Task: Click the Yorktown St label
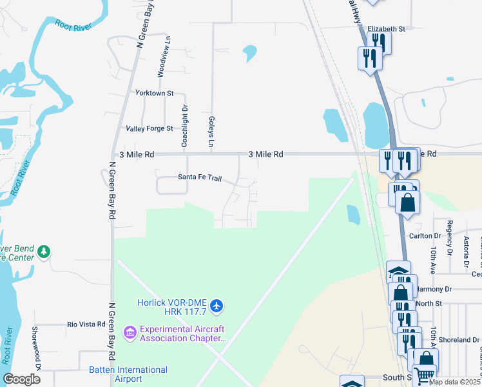(155, 93)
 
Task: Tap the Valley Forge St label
(149, 128)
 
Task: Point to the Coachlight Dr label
(184, 126)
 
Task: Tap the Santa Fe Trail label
(200, 177)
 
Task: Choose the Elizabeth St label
(386, 29)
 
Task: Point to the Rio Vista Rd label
(86, 324)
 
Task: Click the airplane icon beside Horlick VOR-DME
(217, 304)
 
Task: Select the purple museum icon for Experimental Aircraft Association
(130, 333)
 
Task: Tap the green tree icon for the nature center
(43, 251)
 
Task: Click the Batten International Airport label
(128, 374)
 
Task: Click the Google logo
(21, 379)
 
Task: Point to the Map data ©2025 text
(454, 382)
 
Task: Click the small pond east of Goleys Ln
(249, 53)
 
